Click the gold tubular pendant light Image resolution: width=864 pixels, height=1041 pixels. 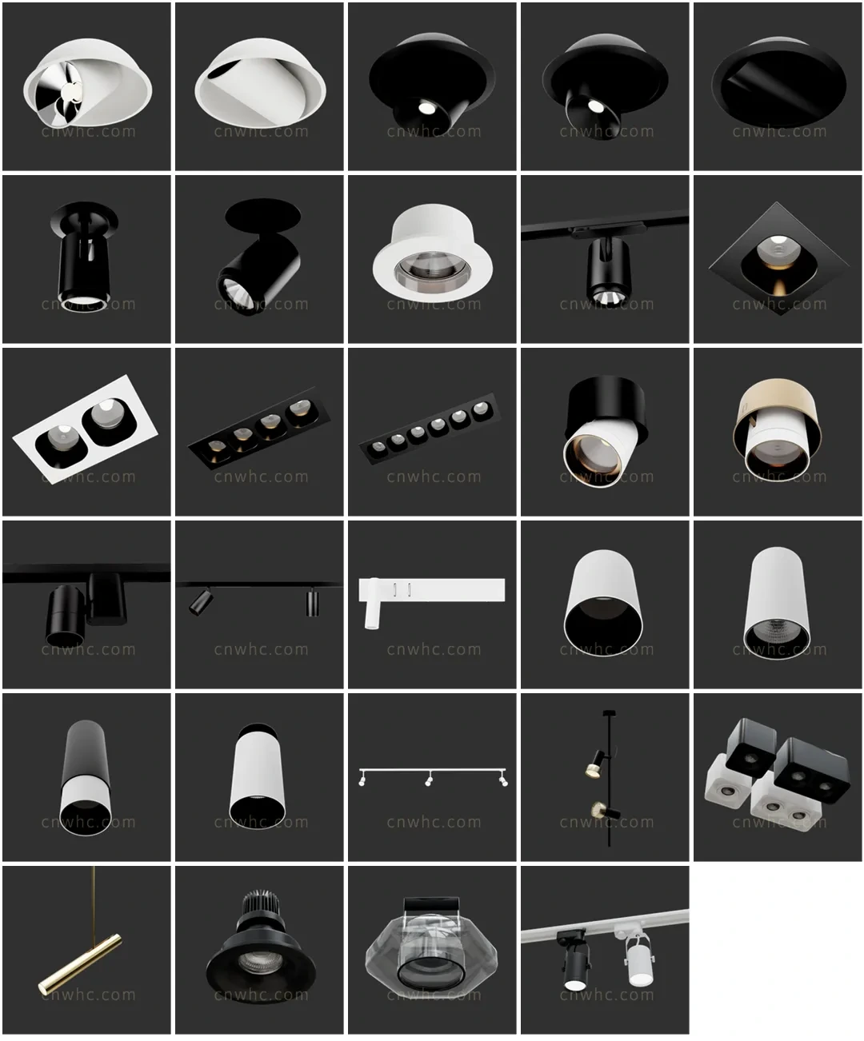click(80, 963)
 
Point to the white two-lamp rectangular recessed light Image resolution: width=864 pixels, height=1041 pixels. click(85, 429)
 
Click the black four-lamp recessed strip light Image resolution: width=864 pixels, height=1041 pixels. click(259, 427)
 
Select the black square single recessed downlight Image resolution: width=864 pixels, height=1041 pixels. click(778, 259)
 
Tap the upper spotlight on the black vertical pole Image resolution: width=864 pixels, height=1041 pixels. click(596, 763)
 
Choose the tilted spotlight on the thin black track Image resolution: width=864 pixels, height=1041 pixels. click(201, 600)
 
